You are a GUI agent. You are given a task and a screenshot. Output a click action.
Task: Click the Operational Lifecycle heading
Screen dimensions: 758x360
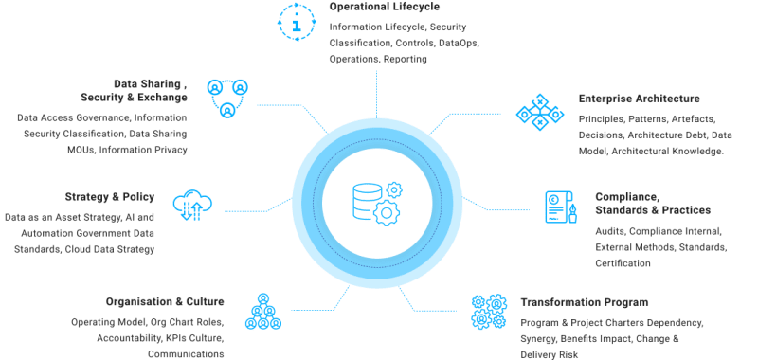click(x=378, y=7)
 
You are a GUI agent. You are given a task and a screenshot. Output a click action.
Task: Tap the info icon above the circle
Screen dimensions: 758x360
click(x=298, y=22)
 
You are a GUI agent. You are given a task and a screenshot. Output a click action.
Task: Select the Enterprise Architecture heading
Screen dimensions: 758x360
click(x=639, y=99)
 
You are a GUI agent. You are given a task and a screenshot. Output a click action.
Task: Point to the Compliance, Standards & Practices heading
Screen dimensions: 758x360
click(x=652, y=202)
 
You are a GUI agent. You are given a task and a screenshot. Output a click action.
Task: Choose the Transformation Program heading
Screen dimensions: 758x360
click(x=584, y=302)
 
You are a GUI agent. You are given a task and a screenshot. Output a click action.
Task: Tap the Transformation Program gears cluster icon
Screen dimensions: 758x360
click(x=490, y=313)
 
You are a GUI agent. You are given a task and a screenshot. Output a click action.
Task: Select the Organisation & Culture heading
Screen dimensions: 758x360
click(x=165, y=302)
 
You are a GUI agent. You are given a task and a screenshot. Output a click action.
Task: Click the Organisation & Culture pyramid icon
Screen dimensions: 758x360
click(x=262, y=313)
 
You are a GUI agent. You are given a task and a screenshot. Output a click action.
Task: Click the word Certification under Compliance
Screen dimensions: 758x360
click(x=623, y=263)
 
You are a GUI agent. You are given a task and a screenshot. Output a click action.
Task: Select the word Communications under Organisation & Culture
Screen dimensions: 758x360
click(x=186, y=354)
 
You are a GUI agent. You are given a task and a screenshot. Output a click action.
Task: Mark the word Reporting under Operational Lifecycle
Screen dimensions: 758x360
click(x=405, y=59)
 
